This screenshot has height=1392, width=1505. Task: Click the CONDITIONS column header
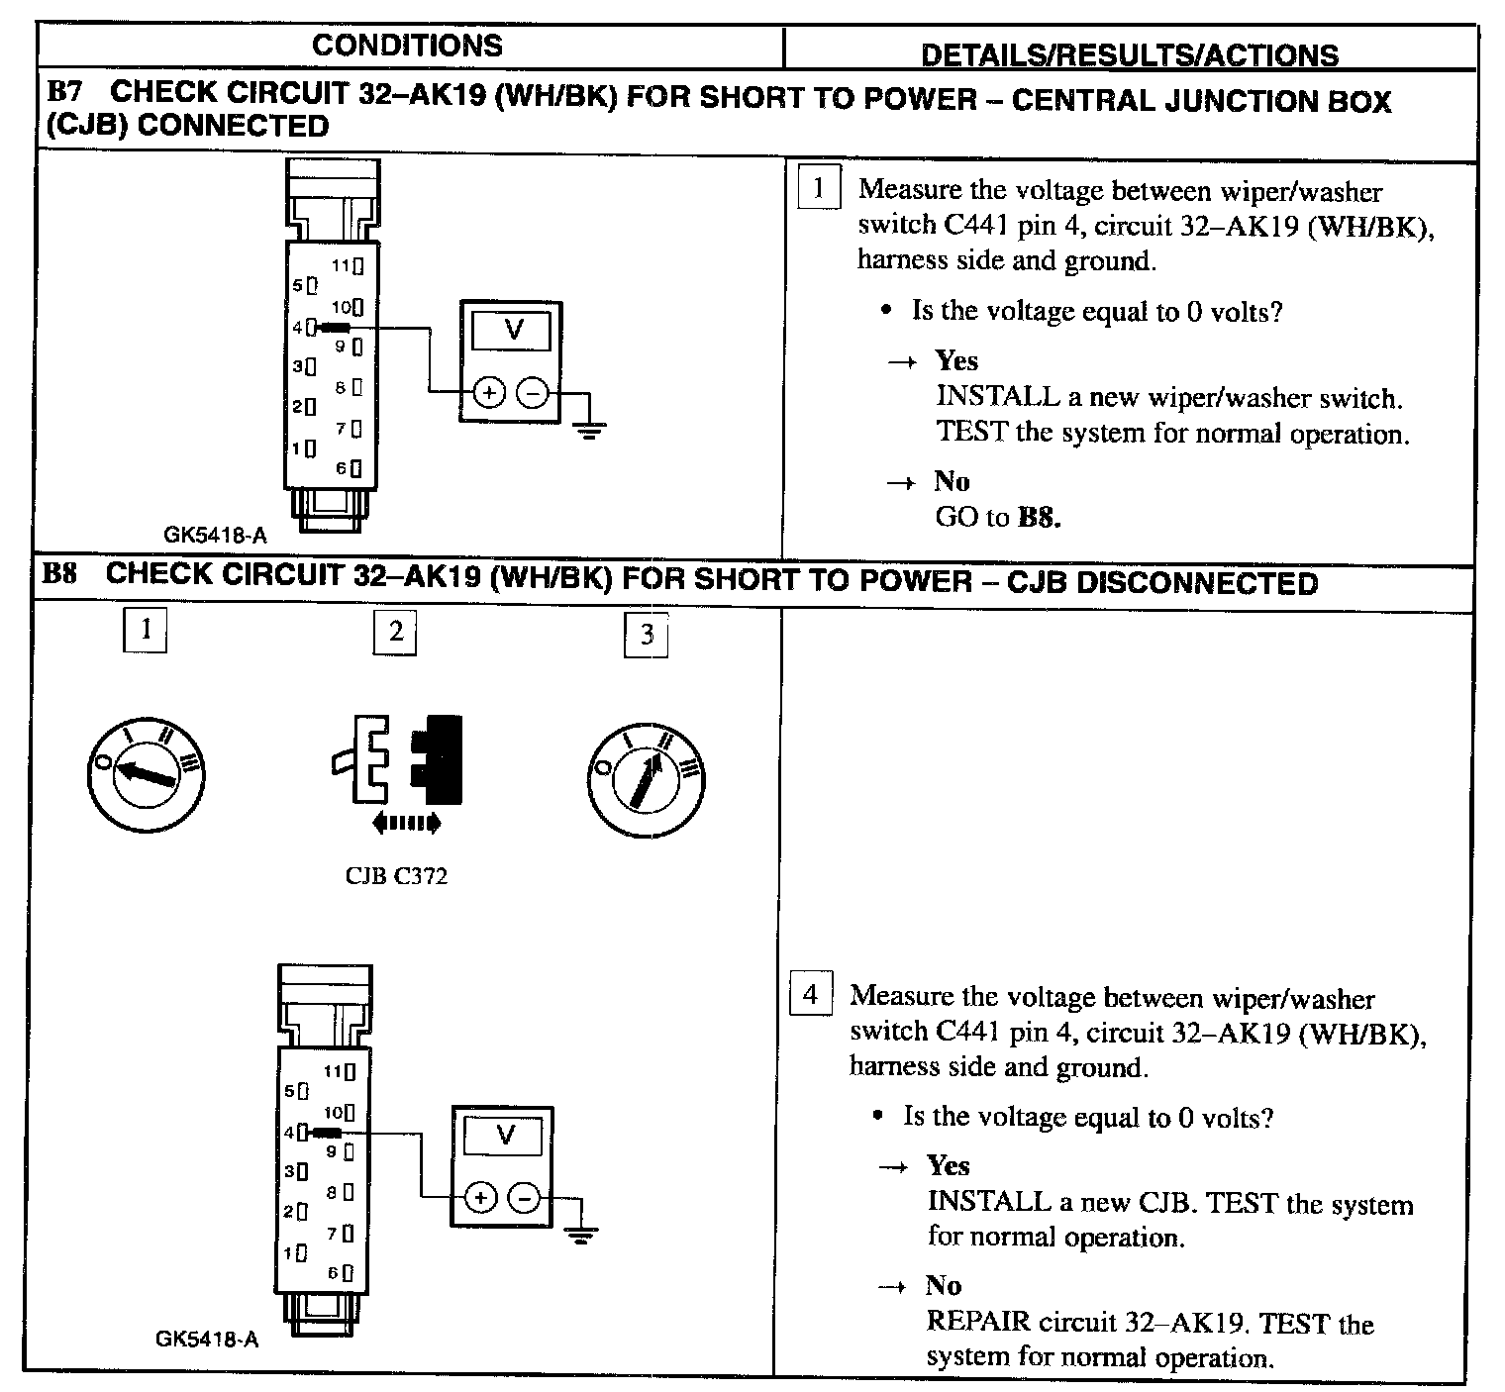407,46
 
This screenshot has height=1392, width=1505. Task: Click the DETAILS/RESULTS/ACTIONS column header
1129,54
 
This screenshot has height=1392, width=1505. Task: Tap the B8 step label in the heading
61,575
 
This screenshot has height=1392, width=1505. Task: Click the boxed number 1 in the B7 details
818,188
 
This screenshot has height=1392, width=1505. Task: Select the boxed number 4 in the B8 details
810,993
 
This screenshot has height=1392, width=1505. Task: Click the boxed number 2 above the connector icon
395,632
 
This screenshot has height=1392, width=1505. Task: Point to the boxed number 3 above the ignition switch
647,635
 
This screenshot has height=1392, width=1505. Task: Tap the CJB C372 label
396,876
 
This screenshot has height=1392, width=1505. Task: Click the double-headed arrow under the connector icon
406,823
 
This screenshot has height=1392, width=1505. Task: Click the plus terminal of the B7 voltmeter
488,393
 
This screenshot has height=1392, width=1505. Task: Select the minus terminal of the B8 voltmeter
524,1198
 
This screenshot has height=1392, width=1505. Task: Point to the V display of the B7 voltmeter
512,330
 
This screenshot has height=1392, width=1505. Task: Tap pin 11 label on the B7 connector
342,265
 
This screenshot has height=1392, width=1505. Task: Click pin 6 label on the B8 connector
334,1272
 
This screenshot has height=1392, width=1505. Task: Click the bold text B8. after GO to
1040,517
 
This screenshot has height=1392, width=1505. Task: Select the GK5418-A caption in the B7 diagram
215,536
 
